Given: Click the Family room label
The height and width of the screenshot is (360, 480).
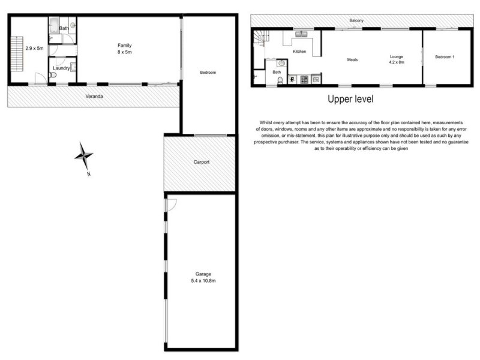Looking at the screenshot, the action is click(125, 46).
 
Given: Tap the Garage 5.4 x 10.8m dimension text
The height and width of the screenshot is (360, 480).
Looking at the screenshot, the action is click(203, 281).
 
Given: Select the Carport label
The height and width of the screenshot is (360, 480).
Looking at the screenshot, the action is click(202, 162).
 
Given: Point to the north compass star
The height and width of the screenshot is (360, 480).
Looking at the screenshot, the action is click(83, 156).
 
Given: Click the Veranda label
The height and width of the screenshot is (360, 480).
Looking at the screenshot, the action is click(94, 96).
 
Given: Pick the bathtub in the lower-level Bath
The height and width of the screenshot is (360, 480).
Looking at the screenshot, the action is click(55, 25).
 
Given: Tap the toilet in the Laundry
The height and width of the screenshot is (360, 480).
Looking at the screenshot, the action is click(52, 75).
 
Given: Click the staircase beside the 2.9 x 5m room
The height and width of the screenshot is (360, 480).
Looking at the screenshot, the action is click(17, 54).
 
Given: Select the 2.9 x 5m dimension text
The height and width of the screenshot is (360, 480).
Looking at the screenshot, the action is click(34, 49).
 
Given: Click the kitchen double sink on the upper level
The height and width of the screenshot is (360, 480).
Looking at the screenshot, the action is click(302, 34).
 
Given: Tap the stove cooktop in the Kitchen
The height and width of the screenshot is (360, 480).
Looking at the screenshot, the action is click(304, 80).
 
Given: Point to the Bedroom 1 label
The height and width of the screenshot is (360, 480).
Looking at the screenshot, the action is click(445, 57).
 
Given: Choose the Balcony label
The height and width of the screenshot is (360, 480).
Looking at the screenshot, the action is click(356, 20).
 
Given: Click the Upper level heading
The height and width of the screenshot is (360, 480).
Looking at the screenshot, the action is click(350, 99).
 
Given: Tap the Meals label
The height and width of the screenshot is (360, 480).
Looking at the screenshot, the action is click(352, 59).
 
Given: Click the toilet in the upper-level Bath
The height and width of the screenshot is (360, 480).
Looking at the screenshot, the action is click(280, 80).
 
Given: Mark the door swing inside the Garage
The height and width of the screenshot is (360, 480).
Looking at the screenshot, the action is click(171, 205).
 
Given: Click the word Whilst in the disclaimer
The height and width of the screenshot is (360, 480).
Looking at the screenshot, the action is click(266, 122).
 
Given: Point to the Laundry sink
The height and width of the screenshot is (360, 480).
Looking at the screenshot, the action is click(73, 67).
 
